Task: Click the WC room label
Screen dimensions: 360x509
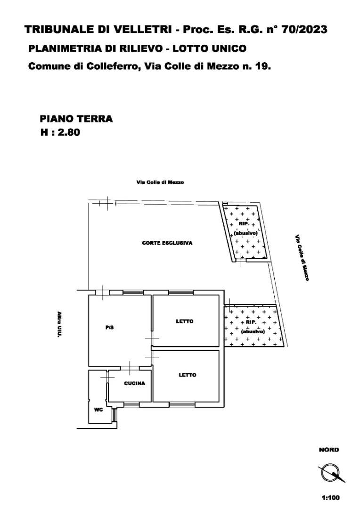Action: pyautogui.click(x=98, y=410)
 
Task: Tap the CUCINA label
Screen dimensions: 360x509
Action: pyautogui.click(x=135, y=383)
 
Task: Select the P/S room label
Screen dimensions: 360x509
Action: pyautogui.click(x=109, y=328)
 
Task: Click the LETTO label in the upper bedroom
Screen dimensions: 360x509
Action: pyautogui.click(x=185, y=321)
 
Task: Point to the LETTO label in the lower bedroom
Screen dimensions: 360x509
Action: pyautogui.click(x=188, y=375)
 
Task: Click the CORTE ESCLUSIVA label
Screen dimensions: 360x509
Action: pyautogui.click(x=167, y=243)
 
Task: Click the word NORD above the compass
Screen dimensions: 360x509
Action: pyautogui.click(x=329, y=450)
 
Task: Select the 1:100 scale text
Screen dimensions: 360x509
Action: pyautogui.click(x=331, y=497)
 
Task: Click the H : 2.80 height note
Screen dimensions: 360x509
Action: pyautogui.click(x=60, y=132)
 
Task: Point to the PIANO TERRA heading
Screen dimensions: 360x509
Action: pyautogui.click(x=76, y=118)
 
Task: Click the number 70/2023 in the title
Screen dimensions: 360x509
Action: pyautogui.click(x=304, y=30)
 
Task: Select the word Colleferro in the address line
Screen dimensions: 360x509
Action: pyautogui.click(x=113, y=66)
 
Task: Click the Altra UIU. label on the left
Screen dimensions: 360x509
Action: pyautogui.click(x=59, y=325)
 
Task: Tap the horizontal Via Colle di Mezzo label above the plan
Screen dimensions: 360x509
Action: pyautogui.click(x=160, y=182)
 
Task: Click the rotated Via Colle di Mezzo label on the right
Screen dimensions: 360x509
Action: pyautogui.click(x=302, y=258)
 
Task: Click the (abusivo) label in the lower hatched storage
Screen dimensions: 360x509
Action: pyautogui.click(x=253, y=331)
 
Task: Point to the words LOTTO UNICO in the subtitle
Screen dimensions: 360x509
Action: pyautogui.click(x=209, y=49)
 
